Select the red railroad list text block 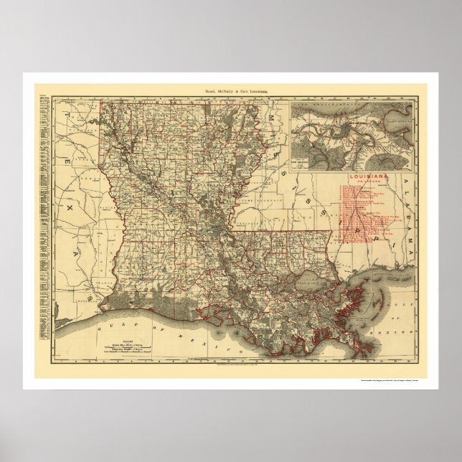[359, 208]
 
